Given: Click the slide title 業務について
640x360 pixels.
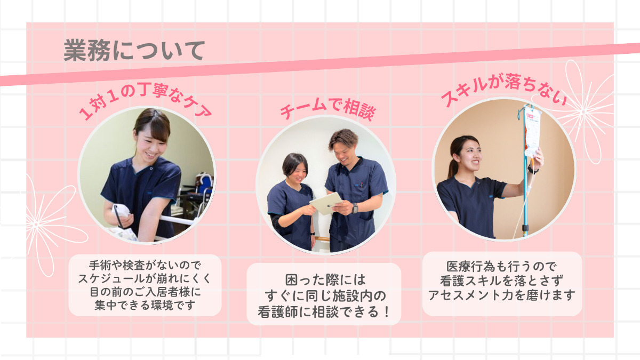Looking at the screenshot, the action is pyautogui.click(x=134, y=51).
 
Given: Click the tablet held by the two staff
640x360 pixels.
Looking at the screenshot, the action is pyautogui.click(x=326, y=203).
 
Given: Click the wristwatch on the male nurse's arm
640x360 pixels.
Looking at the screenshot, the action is pyautogui.click(x=355, y=208).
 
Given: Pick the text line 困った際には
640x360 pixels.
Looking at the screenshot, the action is pyautogui.click(x=325, y=280).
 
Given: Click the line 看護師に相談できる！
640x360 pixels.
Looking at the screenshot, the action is pyautogui.click(x=324, y=311).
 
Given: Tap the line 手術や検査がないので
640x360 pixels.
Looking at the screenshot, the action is pyautogui.click(x=145, y=266).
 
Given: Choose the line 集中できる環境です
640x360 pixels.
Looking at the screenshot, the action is pyautogui.click(x=145, y=305).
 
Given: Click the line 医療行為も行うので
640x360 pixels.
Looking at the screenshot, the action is pyautogui.click(x=502, y=267).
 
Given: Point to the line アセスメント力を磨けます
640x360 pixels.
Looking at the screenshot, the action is pyautogui.click(x=502, y=295).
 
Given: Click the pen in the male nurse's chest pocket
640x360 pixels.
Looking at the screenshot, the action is pyautogui.click(x=362, y=186).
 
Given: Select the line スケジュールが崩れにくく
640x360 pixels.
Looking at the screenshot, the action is pyautogui.click(x=145, y=278).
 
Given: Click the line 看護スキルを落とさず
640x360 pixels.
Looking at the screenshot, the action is pyautogui.click(x=502, y=281).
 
